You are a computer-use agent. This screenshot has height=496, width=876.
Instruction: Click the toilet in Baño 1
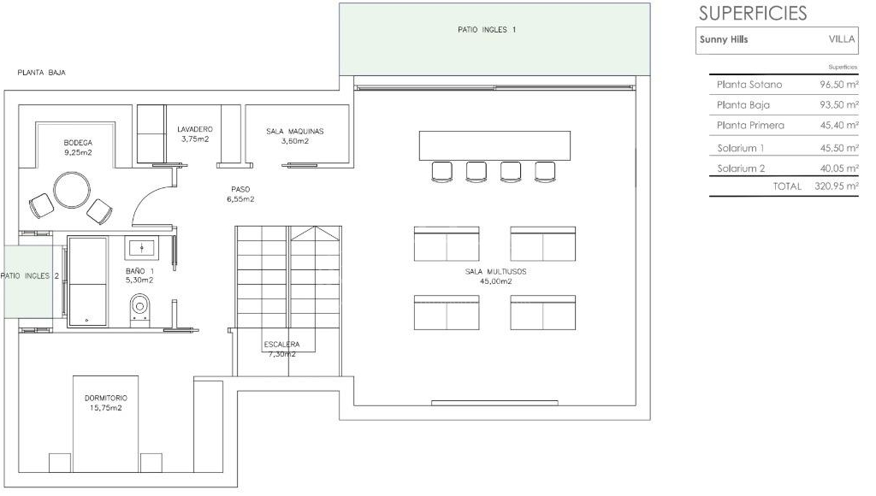click(139, 309)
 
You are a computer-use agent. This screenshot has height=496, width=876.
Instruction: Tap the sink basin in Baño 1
click(142, 246)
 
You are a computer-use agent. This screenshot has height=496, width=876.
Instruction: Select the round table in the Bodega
click(72, 190)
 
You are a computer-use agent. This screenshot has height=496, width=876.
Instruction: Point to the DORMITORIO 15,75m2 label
click(106, 403)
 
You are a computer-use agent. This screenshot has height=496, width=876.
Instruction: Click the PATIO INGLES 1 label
click(487, 30)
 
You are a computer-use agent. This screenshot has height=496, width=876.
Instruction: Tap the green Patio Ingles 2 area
click(29, 281)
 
